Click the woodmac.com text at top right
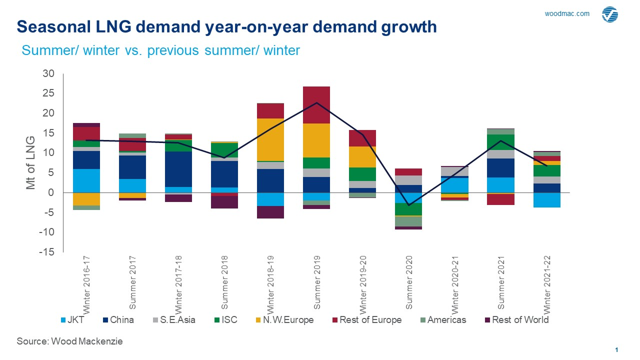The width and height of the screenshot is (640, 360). [x=566, y=14]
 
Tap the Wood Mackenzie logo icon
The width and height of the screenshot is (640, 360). [x=610, y=14]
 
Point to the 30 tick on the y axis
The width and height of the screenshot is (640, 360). [x=48, y=73]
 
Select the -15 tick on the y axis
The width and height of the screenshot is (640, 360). [x=47, y=252]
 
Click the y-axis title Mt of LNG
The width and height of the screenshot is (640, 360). [x=30, y=163]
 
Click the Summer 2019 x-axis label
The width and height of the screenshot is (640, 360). [x=317, y=282]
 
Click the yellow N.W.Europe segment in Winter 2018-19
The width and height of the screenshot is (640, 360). [x=270, y=139]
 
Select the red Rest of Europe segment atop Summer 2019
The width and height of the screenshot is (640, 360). [x=316, y=105]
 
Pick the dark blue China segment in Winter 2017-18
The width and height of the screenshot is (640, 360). [x=178, y=169]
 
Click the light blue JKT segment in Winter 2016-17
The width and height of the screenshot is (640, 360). [x=86, y=180]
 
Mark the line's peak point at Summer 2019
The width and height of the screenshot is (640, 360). [x=316, y=103]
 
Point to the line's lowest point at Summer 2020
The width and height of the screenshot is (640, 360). [x=408, y=205]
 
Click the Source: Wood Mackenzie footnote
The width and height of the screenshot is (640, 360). [x=69, y=341]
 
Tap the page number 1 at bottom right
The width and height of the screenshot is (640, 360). [x=617, y=349]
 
